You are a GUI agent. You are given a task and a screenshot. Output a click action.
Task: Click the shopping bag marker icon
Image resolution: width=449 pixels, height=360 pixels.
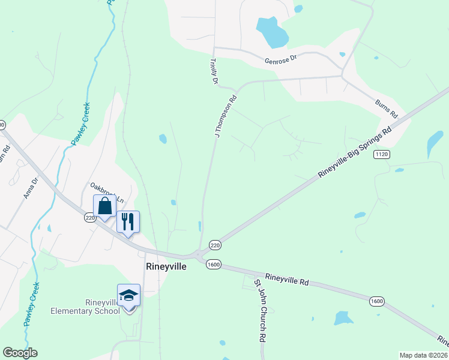click(x=104, y=206)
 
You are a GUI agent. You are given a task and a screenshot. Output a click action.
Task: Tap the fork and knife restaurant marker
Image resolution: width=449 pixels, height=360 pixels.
click(x=127, y=221)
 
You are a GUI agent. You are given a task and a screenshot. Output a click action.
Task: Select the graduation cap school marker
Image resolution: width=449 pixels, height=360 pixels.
click(x=128, y=295)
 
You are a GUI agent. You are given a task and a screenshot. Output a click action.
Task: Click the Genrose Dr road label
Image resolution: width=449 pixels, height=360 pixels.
click(x=280, y=59)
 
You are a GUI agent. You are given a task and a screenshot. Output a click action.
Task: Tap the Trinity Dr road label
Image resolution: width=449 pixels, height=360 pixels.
click(x=213, y=71)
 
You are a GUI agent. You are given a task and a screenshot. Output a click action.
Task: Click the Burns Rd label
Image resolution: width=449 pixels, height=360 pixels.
click(x=387, y=108)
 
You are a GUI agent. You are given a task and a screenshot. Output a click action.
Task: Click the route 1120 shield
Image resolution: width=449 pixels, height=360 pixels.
click(x=381, y=155)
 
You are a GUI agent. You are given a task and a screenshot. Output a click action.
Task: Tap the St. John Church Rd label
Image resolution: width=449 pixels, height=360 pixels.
click(x=259, y=310)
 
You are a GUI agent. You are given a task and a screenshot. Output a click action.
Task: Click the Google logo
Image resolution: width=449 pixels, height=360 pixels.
click(x=20, y=353)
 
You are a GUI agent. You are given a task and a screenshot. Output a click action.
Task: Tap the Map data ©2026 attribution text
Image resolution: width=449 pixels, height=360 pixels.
click(x=423, y=355)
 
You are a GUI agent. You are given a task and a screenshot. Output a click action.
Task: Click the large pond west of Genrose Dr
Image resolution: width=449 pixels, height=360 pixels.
click(x=272, y=32)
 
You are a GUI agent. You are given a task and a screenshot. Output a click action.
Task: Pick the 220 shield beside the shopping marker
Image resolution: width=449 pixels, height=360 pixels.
click(x=90, y=218)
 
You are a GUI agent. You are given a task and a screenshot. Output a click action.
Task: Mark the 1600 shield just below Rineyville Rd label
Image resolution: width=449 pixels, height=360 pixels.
click(x=376, y=301)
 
